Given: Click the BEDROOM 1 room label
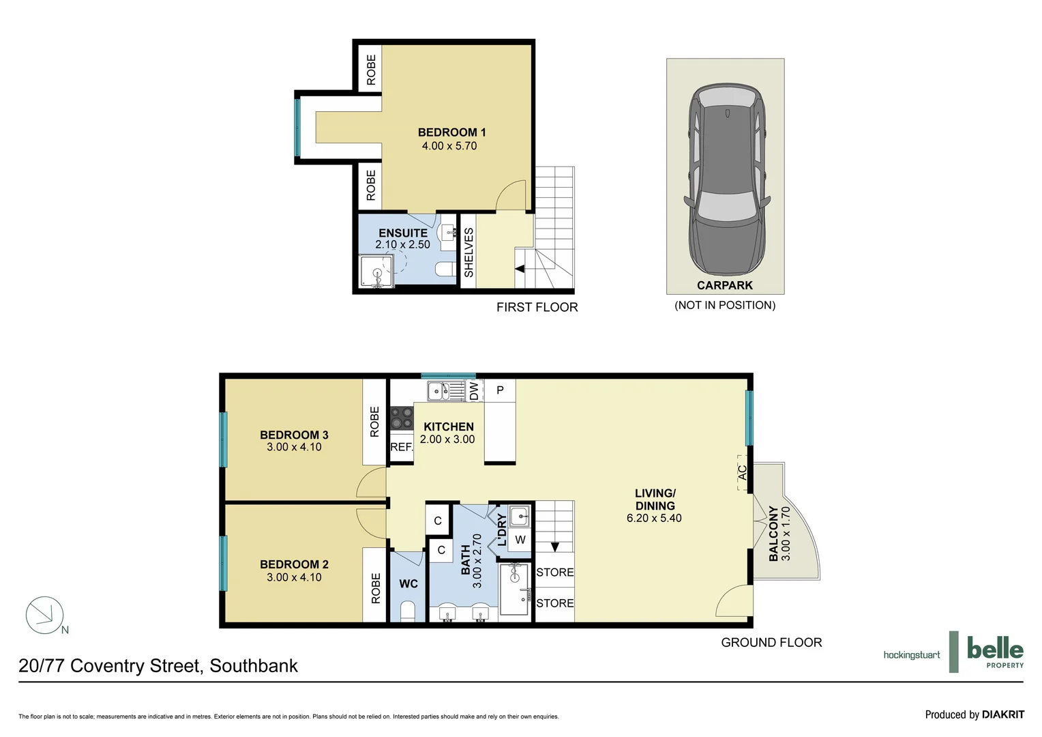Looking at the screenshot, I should click(451, 132).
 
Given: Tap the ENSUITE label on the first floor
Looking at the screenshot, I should click(403, 233).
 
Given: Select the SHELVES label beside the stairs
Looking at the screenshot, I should click(468, 252).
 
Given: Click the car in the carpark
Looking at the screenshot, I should click(726, 179).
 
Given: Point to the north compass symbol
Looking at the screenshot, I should click(44, 615).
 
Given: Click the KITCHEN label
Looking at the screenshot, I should click(448, 427).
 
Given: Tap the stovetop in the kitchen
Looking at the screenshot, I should click(401, 418).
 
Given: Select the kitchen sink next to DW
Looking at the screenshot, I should click(437, 391).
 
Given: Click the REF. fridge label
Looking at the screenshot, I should click(401, 447).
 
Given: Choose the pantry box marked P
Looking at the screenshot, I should click(500, 390).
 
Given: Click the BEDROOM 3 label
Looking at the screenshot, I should click(294, 435).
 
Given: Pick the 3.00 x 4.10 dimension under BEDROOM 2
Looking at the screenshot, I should click(294, 577).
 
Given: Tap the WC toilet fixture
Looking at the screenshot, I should click(408, 611).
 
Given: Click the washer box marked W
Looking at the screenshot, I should click(520, 540).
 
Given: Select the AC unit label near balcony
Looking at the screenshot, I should click(743, 472).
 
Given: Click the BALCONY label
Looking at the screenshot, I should click(773, 534).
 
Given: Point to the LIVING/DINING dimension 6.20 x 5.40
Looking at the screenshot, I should click(654, 518).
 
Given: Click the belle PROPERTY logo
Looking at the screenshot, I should click(994, 652).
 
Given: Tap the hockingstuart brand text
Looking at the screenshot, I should click(911, 655).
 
